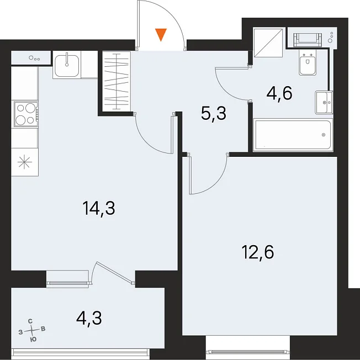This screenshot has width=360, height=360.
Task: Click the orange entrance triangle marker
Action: pyautogui.click(x=161, y=34)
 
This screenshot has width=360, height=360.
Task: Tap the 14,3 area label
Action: pyautogui.click(x=99, y=208)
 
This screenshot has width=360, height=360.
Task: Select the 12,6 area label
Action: pyautogui.click(x=258, y=252)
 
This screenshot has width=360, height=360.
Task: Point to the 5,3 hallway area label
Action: pyautogui.click(x=214, y=113)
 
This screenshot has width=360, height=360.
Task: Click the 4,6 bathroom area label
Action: pyautogui.click(x=279, y=93)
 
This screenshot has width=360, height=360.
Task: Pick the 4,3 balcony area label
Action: pyautogui.click(x=89, y=318)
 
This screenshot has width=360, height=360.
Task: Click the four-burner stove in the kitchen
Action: pyautogui.click(x=26, y=114)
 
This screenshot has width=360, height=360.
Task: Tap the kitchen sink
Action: pyautogui.click(x=67, y=65)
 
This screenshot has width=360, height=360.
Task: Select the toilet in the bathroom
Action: pyautogui.click(x=307, y=63)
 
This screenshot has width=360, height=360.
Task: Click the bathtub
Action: pyautogui.click(x=293, y=135)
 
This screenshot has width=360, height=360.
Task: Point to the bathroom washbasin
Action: pyautogui.click(x=324, y=102)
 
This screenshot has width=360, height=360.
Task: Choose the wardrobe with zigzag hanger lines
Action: pyautogui.click(x=117, y=81)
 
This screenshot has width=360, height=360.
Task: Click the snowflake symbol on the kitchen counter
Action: pyautogui.click(x=25, y=162)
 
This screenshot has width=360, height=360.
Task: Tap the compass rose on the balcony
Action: pyautogui.click(x=32, y=330)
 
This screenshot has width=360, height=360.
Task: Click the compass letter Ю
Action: pyautogui.click(x=34, y=340)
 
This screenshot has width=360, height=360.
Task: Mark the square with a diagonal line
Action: pyautogui.click(x=268, y=43)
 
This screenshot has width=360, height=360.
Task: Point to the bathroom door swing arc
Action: pyautogui.click(x=230, y=86)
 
